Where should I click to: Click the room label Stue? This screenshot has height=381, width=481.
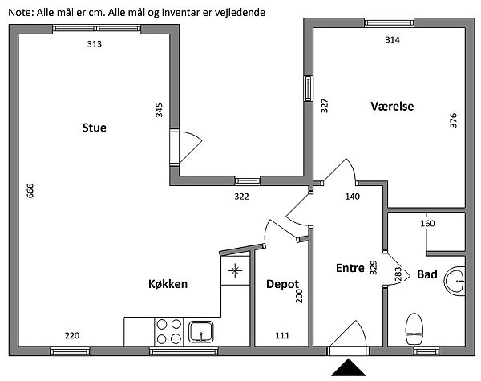click(94, 127)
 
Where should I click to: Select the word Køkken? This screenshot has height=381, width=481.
click(168, 284)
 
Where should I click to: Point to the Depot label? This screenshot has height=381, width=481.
click(282, 284)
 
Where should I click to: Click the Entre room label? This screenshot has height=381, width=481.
click(350, 267)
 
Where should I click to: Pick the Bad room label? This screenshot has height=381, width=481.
click(426, 274)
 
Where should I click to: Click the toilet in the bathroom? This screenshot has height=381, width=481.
click(414, 326)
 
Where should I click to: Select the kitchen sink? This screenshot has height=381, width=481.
click(200, 329)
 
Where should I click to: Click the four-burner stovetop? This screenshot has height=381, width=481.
click(168, 330)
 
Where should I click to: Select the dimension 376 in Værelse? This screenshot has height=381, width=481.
click(453, 120)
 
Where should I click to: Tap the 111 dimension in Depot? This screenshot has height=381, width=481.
click(282, 334)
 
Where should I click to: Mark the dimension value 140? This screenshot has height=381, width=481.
click(353, 196)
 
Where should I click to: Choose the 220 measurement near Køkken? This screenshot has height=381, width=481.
click(71, 334)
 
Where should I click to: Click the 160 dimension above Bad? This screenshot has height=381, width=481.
click(427, 224)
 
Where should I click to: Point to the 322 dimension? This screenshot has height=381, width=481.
click(240, 196)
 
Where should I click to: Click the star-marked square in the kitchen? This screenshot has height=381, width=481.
click(235, 270)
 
